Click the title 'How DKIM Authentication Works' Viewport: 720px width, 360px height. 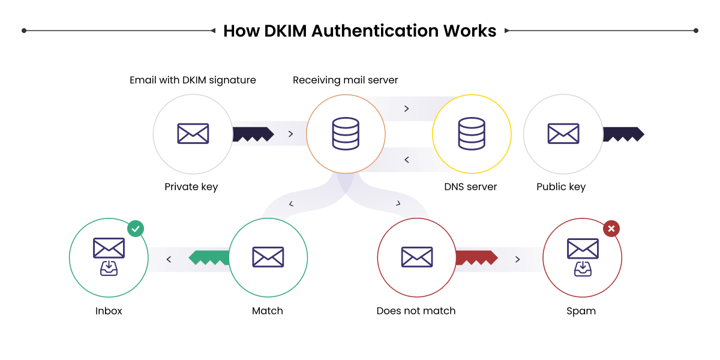point(359,31)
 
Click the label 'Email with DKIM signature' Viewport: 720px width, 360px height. point(193,80)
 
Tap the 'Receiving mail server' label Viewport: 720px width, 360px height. point(345,80)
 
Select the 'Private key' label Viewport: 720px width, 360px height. point(191,187)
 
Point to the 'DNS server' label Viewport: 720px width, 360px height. point(470,187)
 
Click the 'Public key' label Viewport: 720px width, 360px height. point(560,187)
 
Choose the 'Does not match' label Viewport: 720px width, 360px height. point(416,311)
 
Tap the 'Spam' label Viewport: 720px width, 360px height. point(581,311)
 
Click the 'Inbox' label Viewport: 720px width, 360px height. point(109,311)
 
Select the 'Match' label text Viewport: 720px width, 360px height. point(267,311)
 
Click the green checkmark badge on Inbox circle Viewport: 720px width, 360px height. point(136,228)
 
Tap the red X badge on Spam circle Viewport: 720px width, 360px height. point(611,228)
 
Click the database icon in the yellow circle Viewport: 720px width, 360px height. point(471,133)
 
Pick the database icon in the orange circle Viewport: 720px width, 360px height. point(345,133)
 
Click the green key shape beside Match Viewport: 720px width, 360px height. point(209,258)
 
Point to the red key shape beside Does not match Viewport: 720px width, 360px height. point(476,258)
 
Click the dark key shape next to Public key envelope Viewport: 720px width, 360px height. point(623,134)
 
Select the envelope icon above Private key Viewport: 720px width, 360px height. point(193,133)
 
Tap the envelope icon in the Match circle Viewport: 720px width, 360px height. point(268,257)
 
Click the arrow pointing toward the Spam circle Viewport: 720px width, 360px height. point(517,259)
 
